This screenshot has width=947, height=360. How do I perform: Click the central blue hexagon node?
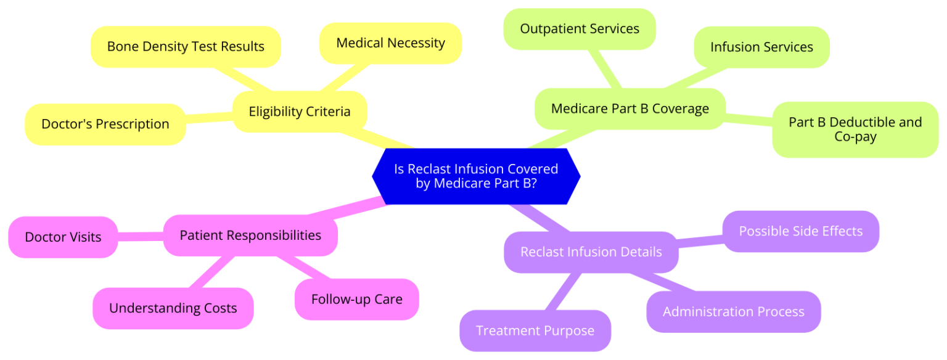pyautogui.click(x=475, y=176)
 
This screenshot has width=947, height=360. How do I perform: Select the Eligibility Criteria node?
pyautogui.click(x=300, y=112)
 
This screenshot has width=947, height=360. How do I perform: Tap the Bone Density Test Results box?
pyautogui.click(x=186, y=46)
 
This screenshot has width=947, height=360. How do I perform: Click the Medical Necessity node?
pyautogui.click(x=390, y=43)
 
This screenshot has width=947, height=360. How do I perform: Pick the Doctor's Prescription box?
pyautogui.click(x=105, y=124)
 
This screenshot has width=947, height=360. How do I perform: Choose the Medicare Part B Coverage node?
pyautogui.click(x=629, y=109)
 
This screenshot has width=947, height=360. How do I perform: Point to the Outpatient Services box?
pyautogui.click(x=579, y=29)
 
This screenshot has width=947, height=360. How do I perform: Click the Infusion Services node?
pyautogui.click(x=761, y=47)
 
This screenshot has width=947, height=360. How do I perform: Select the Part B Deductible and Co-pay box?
pyautogui.click(x=855, y=129)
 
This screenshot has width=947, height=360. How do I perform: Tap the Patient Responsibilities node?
pyautogui.click(x=250, y=235)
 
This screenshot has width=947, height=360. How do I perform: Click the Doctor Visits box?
pyautogui.click(x=63, y=237)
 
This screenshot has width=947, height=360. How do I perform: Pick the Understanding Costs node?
pyautogui.click(x=173, y=308)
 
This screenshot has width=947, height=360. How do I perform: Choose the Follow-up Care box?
pyautogui.click(x=356, y=300)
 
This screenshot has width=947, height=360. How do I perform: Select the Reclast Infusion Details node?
pyautogui.click(x=591, y=252)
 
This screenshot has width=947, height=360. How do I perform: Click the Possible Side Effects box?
pyautogui.click(x=800, y=231)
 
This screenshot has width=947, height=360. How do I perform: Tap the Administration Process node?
pyautogui.click(x=733, y=311)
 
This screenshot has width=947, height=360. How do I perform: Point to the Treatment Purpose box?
pyautogui.click(x=535, y=330)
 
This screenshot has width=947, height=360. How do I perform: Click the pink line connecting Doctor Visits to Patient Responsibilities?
pyautogui.click(x=141, y=236)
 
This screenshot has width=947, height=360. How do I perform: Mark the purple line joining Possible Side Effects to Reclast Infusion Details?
pyautogui.click(x=700, y=242)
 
